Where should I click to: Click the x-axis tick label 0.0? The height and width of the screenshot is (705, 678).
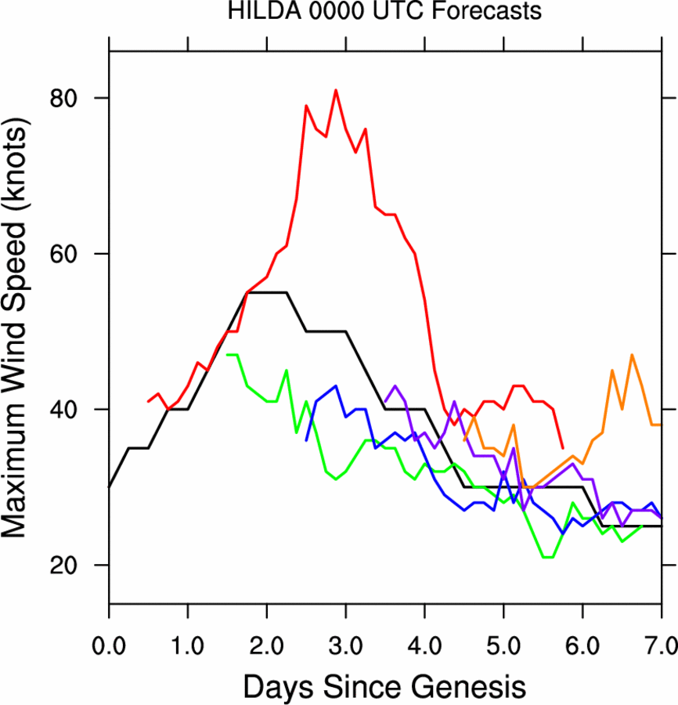click(x=109, y=627)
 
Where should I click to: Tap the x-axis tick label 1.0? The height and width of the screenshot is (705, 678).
click(x=188, y=627)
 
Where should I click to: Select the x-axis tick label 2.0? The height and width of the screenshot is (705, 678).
click(x=267, y=627)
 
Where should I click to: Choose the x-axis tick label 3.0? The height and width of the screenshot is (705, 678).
click(x=346, y=627)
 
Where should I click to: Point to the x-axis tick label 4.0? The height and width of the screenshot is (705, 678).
click(x=425, y=627)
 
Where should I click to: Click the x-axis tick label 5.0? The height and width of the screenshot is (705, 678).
click(x=504, y=627)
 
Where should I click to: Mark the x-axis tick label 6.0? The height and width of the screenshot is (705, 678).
click(x=583, y=627)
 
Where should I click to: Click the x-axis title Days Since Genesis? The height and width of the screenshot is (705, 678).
click(x=384, y=666)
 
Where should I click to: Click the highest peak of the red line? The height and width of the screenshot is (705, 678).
click(x=336, y=90)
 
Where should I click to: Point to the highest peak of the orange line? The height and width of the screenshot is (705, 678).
click(x=632, y=355)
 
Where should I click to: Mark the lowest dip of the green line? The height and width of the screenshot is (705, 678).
click(x=548, y=557)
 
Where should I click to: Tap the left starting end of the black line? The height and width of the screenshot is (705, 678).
click(x=110, y=487)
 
